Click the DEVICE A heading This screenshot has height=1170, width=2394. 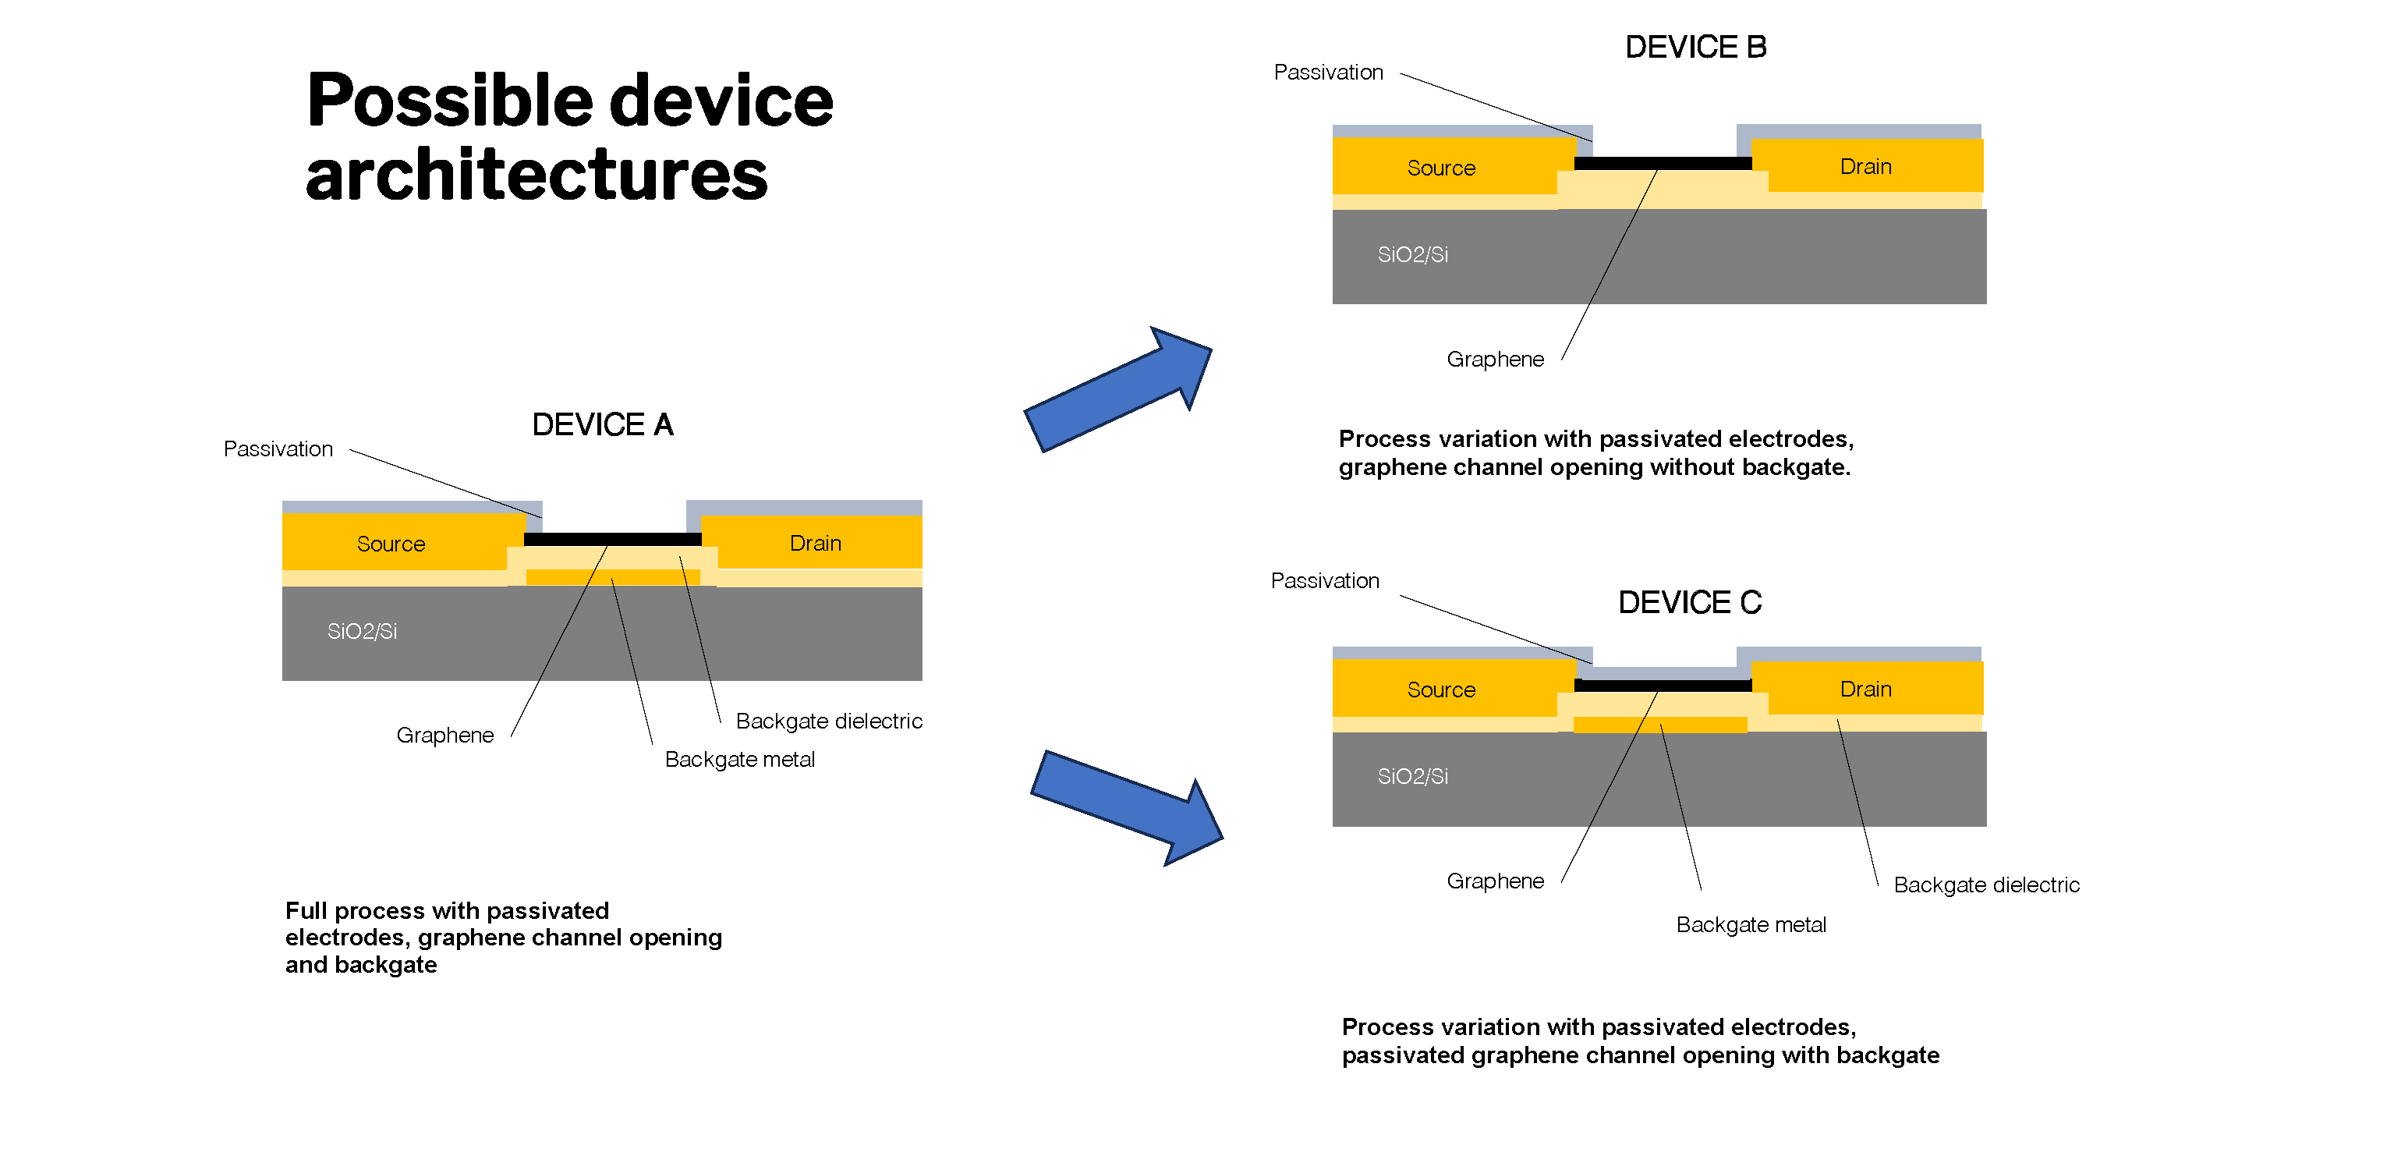[602, 424]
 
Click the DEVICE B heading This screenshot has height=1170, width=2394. [1695, 48]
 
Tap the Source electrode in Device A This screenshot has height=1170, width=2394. [391, 544]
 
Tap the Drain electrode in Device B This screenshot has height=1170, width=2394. [1865, 166]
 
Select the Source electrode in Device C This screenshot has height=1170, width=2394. [1440, 690]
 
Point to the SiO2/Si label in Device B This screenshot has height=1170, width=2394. [1411, 254]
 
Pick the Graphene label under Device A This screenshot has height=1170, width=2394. [444, 735]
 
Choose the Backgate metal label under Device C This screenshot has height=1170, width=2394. [1750, 924]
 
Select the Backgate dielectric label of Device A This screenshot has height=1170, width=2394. [828, 721]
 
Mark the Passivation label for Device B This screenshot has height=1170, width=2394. [1328, 73]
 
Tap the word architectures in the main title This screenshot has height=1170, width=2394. [537, 175]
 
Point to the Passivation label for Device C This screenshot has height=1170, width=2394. [1324, 581]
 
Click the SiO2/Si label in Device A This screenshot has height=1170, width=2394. [362, 632]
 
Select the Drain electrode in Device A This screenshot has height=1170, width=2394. [815, 543]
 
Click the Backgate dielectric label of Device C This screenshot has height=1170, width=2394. [1986, 885]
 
